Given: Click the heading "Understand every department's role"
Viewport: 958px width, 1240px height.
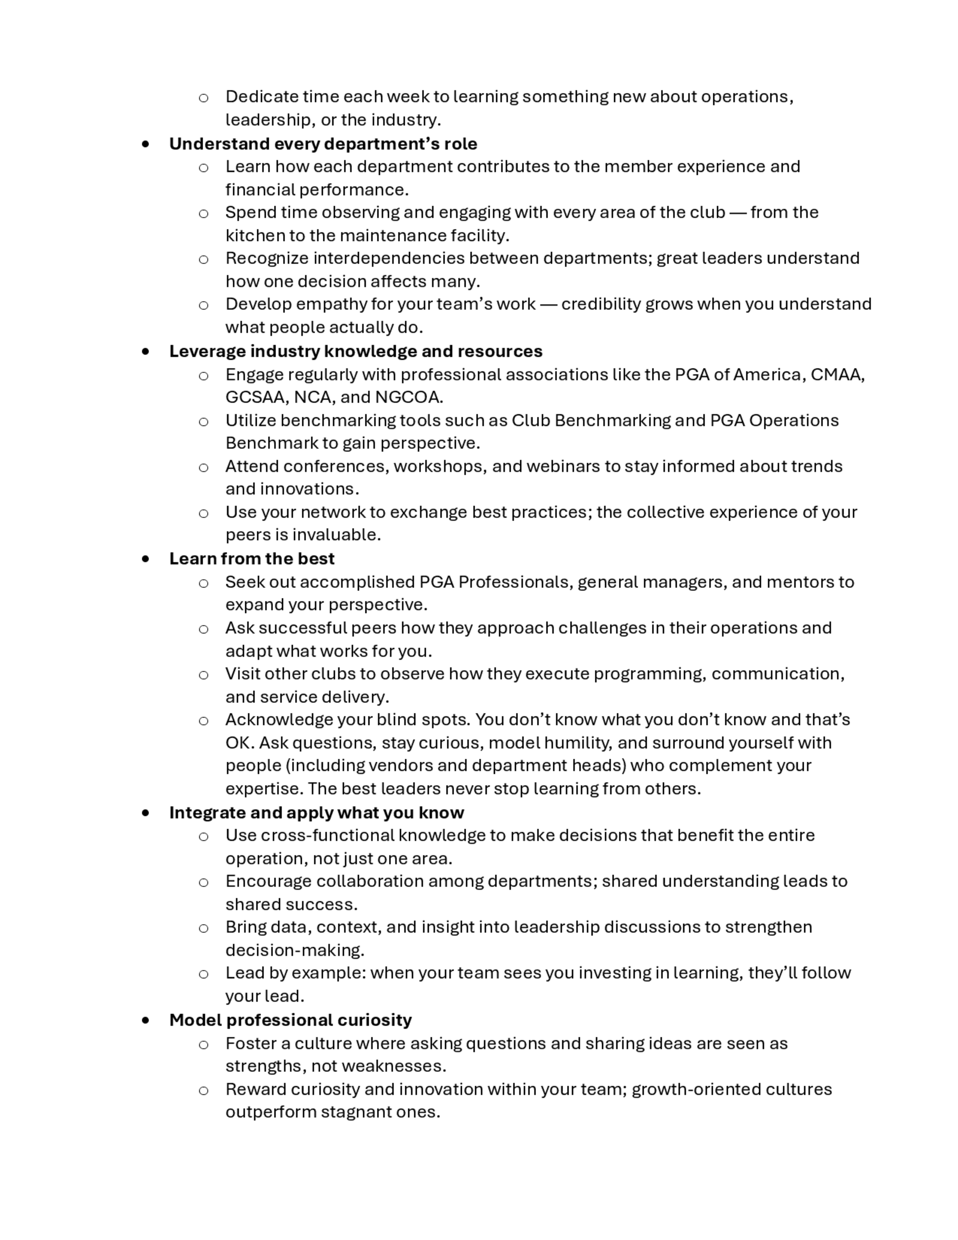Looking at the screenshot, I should click(323, 144).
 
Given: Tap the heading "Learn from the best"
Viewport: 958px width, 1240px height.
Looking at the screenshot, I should click(251, 559).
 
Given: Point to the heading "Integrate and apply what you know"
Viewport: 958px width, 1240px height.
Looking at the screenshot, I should click(316, 813).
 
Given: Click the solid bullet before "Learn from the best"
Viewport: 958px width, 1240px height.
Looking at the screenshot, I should click(146, 559).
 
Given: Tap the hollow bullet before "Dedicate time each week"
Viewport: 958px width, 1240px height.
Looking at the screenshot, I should click(203, 98).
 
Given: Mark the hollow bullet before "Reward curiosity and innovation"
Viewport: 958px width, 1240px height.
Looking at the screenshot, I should click(203, 1090).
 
